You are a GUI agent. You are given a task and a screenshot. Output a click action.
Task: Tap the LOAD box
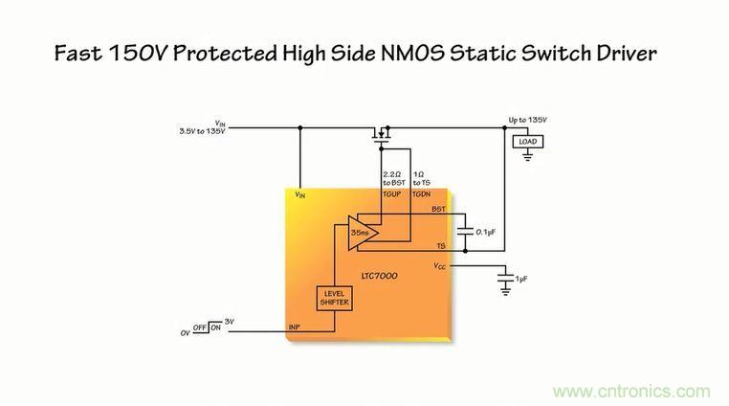point(527,142)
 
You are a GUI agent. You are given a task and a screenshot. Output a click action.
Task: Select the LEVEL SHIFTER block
point(334,298)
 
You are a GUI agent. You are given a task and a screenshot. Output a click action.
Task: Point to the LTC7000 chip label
point(380,276)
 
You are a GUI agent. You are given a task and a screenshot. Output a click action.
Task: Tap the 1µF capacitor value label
point(520,279)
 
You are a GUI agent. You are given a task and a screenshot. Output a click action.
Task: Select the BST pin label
point(438,209)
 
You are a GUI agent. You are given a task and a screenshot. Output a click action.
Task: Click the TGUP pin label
point(392,193)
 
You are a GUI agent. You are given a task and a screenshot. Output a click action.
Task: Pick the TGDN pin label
point(422,193)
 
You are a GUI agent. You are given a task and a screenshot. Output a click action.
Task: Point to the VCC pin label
point(439,265)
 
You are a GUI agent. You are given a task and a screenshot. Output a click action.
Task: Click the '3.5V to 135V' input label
point(202,131)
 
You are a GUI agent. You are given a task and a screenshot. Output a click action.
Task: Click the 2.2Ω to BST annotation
point(392,178)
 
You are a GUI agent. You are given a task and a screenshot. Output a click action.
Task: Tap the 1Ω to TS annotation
point(422,178)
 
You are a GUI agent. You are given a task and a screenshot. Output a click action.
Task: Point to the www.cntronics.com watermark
point(631,391)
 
